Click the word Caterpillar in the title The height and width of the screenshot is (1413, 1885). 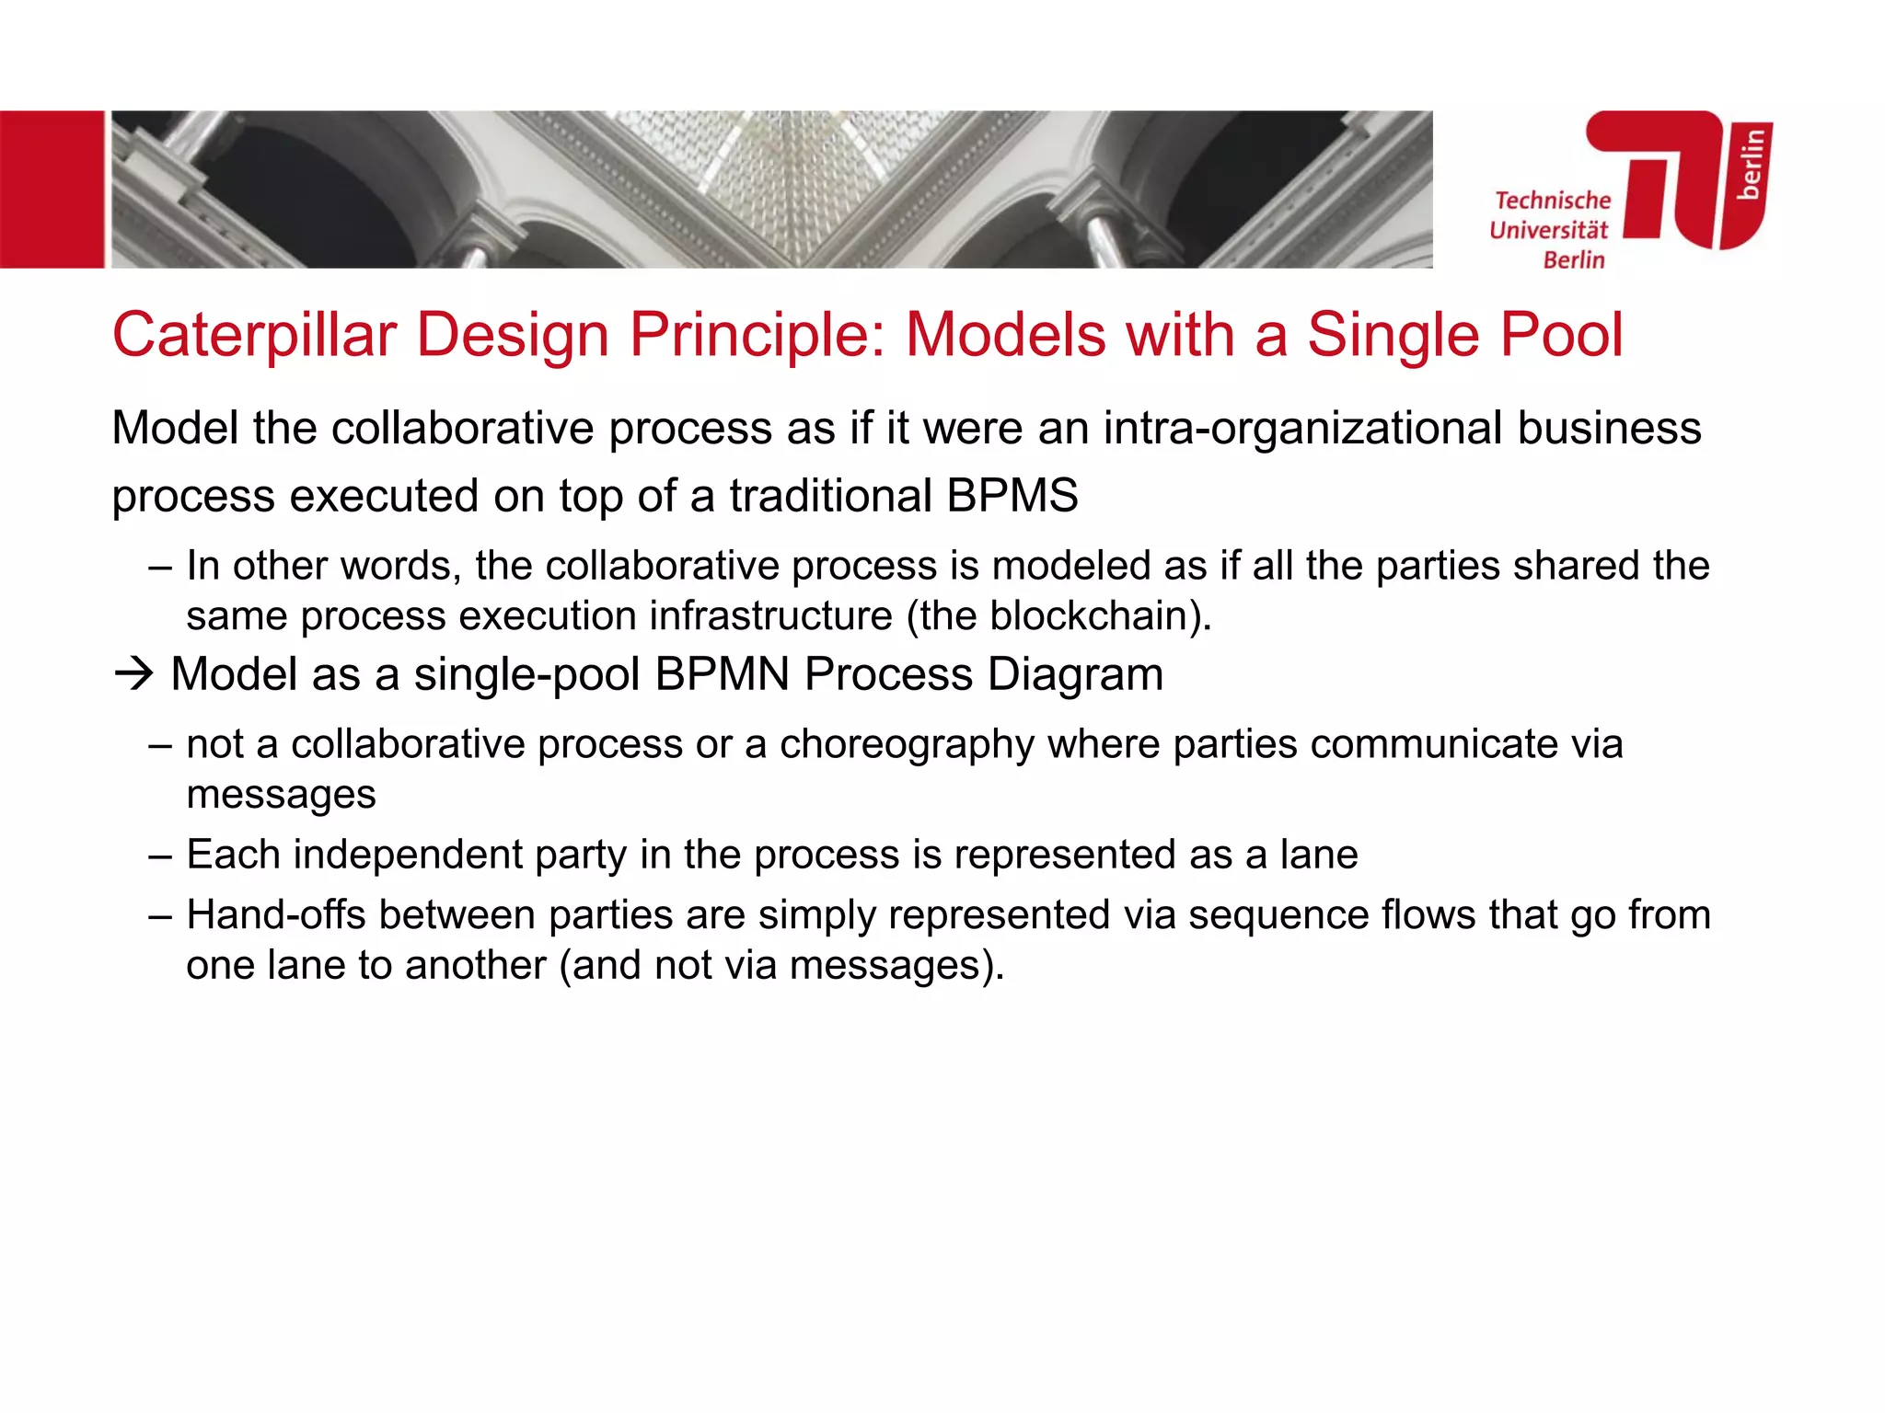click(x=254, y=335)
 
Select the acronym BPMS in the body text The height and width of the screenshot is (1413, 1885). click(x=1012, y=496)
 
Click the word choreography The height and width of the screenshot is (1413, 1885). click(x=907, y=744)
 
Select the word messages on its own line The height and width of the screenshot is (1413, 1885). click(x=281, y=795)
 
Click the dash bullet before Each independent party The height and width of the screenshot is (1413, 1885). click(x=159, y=856)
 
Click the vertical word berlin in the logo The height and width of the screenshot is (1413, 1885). click(x=1750, y=164)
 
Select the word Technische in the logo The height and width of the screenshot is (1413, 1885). click(x=1553, y=201)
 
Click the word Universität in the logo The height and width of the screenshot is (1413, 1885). click(x=1548, y=230)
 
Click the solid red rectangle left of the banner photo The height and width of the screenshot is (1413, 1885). click(x=52, y=190)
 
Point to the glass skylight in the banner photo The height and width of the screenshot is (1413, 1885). click(x=792, y=166)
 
